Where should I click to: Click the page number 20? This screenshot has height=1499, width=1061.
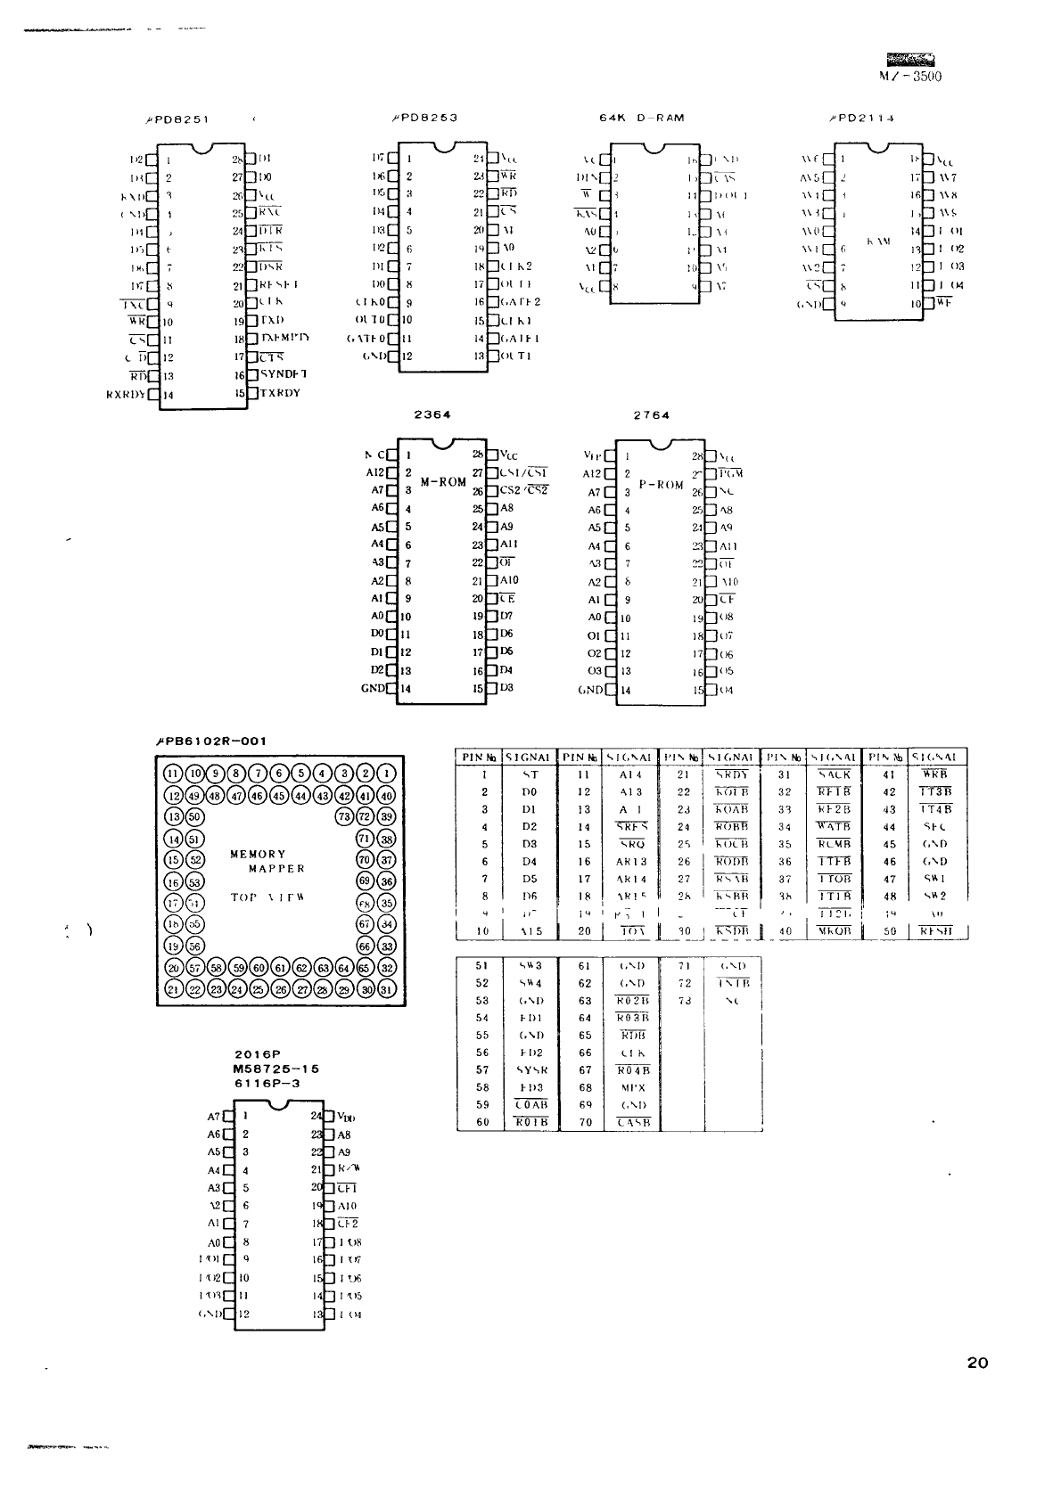[x=977, y=1363]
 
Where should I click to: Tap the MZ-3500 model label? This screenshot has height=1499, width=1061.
[x=909, y=76]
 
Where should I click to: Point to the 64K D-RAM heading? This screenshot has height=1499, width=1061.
[x=642, y=118]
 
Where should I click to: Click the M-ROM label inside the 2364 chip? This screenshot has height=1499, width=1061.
[x=443, y=482]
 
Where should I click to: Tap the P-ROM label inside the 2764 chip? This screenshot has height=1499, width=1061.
[x=661, y=486]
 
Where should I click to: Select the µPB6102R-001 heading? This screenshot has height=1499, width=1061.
[x=211, y=741]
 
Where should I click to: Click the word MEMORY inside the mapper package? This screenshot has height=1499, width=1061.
[x=258, y=854]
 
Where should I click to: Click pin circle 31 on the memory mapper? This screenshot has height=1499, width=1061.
[x=386, y=990]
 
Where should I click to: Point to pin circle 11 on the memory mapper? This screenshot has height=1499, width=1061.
[x=173, y=773]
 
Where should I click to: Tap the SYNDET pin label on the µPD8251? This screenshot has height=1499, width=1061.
[x=284, y=374]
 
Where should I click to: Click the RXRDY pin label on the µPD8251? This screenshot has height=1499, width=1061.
[x=127, y=394]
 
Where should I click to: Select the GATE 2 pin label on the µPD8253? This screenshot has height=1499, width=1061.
[x=520, y=302]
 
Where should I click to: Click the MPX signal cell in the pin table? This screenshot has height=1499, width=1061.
[x=632, y=1087]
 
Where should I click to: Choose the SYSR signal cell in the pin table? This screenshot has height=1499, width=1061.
[x=532, y=1069]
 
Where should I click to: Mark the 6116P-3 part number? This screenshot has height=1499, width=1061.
[x=267, y=1083]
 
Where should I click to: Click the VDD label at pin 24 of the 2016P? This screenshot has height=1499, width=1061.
[x=347, y=1118]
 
